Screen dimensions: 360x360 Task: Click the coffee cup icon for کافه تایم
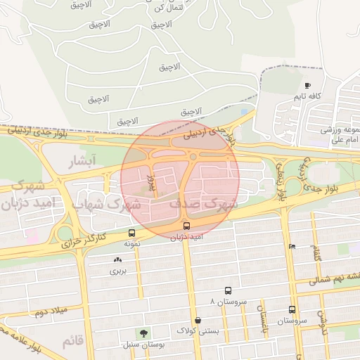307,85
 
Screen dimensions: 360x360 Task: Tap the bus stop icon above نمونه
131,233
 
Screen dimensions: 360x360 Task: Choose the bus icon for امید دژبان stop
186,226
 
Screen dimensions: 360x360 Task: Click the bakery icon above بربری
117,260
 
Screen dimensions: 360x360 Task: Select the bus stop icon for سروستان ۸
228,290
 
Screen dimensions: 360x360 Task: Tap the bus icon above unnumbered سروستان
292,309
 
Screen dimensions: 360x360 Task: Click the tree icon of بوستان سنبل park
144,333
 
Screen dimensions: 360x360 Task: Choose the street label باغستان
259,320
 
